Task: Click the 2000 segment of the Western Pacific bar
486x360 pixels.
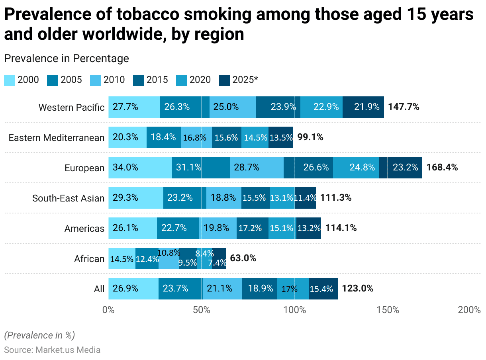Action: click(134, 107)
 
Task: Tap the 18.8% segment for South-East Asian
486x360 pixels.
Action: click(223, 198)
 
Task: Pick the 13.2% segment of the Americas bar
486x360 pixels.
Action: click(309, 228)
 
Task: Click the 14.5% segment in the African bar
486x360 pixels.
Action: click(122, 259)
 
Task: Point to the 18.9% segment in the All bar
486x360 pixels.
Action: click(260, 289)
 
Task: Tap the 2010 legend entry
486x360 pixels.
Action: click(114, 80)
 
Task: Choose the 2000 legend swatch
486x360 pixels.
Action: click(10, 80)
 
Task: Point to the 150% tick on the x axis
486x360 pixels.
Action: click(388, 310)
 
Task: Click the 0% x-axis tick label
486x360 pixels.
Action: click(108, 310)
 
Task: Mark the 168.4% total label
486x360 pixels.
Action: click(442, 168)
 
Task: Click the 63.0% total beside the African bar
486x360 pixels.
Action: click(243, 258)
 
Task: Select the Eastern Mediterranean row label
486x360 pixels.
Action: click(57, 138)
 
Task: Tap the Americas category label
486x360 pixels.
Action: click(84, 229)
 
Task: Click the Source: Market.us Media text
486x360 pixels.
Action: click(52, 350)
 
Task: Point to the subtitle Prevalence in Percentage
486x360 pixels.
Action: click(67, 59)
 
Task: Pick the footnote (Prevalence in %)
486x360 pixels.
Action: click(39, 335)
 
